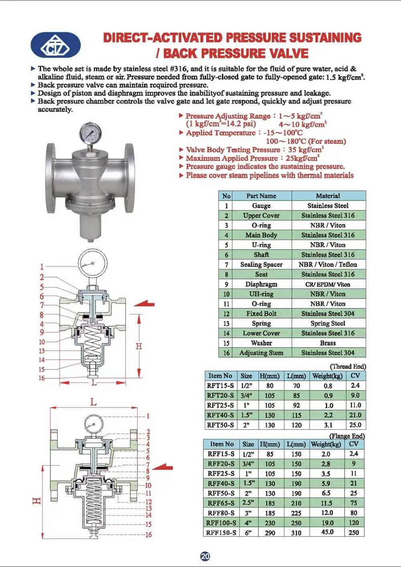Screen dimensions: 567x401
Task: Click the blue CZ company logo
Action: pyautogui.click(x=56, y=45)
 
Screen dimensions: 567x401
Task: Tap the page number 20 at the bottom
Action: pyautogui.click(x=205, y=556)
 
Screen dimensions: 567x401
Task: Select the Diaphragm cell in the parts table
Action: pyautogui.click(x=261, y=284)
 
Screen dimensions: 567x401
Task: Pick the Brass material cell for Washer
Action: pyautogui.click(x=328, y=343)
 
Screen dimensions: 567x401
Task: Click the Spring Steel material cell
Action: pyautogui.click(x=328, y=324)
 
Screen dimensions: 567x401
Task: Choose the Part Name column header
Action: pyautogui.click(x=261, y=196)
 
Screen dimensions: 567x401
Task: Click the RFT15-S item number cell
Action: pyautogui.click(x=220, y=386)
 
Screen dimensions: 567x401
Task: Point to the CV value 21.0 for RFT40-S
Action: pyautogui.click(x=355, y=415)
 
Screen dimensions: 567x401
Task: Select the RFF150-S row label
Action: pyautogui.click(x=221, y=533)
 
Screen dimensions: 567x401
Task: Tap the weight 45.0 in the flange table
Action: pyautogui.click(x=327, y=532)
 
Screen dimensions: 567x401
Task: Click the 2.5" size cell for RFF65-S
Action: pyautogui.click(x=248, y=503)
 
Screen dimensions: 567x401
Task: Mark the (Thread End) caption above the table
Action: pyautogui.click(x=348, y=367)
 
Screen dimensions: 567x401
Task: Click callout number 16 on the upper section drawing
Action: pyautogui.click(x=41, y=378)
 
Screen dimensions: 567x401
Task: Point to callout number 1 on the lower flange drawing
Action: pyautogui.click(x=148, y=416)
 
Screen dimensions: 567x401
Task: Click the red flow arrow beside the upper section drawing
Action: pyautogui.click(x=144, y=304)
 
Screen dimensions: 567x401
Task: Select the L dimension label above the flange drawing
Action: pyautogui.click(x=93, y=402)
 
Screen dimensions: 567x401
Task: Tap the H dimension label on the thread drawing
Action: pyautogui.click(x=139, y=346)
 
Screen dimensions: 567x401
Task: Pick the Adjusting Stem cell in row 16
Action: pyautogui.click(x=261, y=353)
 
